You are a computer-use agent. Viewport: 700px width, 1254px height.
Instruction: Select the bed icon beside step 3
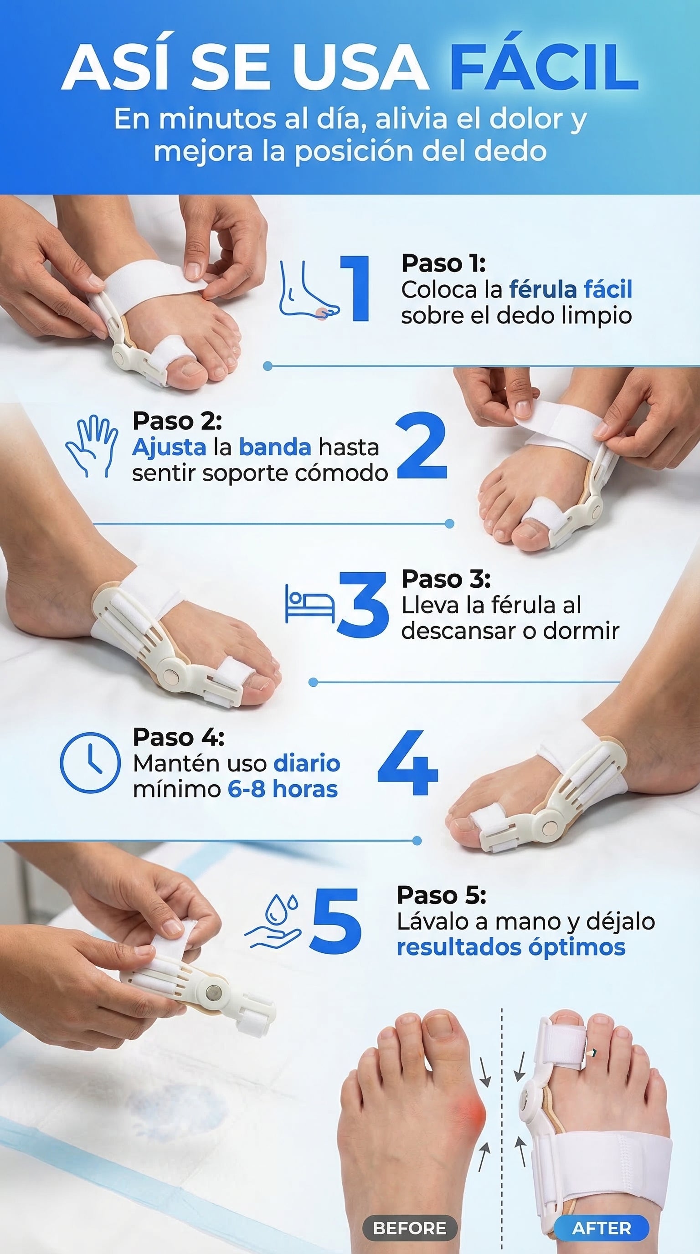coord(309,604)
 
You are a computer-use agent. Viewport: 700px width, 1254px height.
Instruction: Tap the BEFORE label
coord(409,1228)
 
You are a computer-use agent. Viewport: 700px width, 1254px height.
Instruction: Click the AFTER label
coord(601,1228)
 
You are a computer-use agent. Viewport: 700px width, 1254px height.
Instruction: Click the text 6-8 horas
coord(283,789)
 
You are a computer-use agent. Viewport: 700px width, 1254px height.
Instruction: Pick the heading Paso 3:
coord(446,579)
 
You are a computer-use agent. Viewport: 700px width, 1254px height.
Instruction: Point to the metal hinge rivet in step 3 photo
coord(171,676)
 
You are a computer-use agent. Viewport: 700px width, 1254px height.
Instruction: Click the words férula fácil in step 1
coord(571,289)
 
